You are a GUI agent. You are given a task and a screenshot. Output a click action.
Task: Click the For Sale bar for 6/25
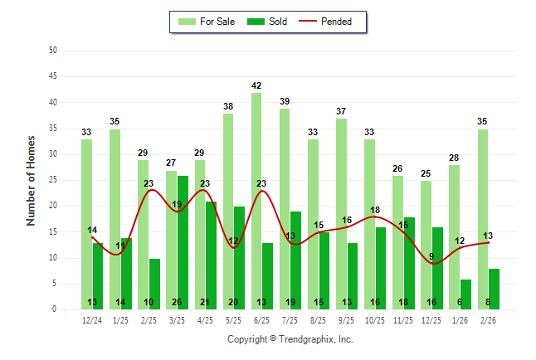[256, 201]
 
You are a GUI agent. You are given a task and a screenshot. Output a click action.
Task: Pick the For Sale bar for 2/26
[483, 219]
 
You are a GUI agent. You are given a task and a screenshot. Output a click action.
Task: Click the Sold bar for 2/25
[154, 284]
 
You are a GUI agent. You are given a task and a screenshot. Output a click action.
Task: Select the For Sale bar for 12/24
[86, 224]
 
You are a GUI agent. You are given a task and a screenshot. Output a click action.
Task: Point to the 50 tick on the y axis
[53, 51]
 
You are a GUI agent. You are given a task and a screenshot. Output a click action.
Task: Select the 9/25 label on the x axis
[347, 319]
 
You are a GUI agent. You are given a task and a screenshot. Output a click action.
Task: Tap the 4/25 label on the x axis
[206, 319]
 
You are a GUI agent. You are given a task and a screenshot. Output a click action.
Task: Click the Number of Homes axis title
[31, 180]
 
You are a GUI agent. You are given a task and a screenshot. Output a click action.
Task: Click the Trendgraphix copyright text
[290, 339]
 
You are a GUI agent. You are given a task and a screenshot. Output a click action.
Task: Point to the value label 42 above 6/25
[256, 85]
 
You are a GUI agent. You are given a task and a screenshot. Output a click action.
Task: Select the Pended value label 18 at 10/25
[375, 210]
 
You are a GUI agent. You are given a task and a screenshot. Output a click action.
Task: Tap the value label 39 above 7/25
[285, 101]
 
